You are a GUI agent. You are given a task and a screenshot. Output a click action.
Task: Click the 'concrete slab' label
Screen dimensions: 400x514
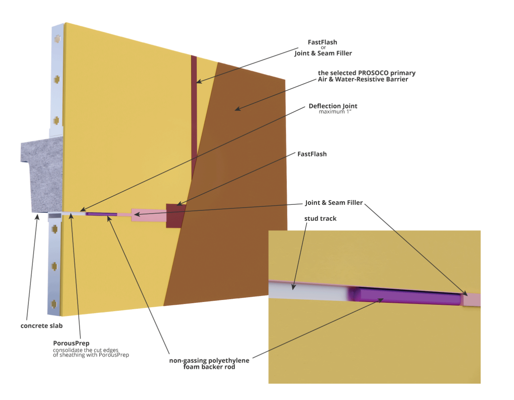pos(41,325)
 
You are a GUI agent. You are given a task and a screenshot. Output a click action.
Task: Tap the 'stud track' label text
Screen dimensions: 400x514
pos(320,218)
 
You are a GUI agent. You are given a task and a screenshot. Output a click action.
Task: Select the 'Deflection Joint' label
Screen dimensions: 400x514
pos(332,106)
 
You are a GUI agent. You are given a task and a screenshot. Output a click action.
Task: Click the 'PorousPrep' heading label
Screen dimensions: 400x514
pos(71,343)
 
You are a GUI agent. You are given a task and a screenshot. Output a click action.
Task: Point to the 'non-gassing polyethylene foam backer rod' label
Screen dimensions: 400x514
pos(209,363)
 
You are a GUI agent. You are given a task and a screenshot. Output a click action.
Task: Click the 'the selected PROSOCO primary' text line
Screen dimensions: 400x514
pos(366,73)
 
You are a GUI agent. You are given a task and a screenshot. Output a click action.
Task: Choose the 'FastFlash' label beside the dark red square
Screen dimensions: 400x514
pos(312,154)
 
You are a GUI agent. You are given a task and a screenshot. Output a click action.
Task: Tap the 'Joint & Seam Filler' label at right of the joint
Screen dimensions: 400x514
pos(334,202)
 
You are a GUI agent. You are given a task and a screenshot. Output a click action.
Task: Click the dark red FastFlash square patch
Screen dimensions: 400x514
pos(175,216)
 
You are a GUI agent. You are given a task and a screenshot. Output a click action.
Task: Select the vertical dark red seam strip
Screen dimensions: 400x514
pos(194,116)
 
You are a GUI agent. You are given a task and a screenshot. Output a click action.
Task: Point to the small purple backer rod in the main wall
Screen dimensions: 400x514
pos(101,214)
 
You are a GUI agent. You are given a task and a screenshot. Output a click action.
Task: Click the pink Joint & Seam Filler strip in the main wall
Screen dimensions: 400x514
pos(149,215)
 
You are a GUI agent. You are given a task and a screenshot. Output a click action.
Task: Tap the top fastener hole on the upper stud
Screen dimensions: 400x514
pos(57,39)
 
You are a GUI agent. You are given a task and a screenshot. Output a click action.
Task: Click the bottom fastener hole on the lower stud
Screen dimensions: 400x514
pos(55,303)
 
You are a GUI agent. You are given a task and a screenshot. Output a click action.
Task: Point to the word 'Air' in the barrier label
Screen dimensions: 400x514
pos(322,80)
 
